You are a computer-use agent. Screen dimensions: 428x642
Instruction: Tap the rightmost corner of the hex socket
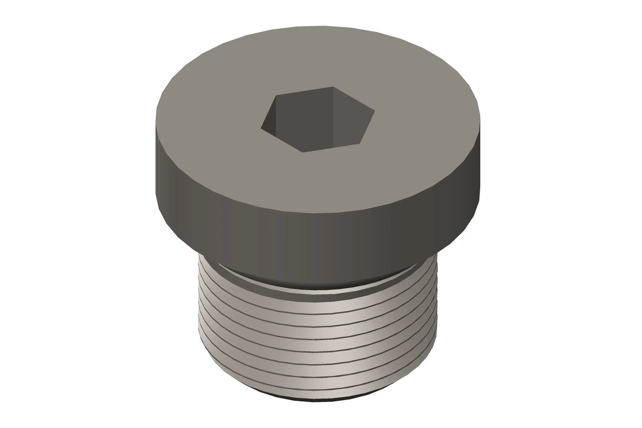[x=375, y=112]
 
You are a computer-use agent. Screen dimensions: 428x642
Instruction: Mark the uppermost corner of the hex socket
[x=334, y=87]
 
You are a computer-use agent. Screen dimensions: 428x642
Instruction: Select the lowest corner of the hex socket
[x=302, y=152]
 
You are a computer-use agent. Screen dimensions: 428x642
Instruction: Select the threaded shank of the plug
[x=317, y=339]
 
